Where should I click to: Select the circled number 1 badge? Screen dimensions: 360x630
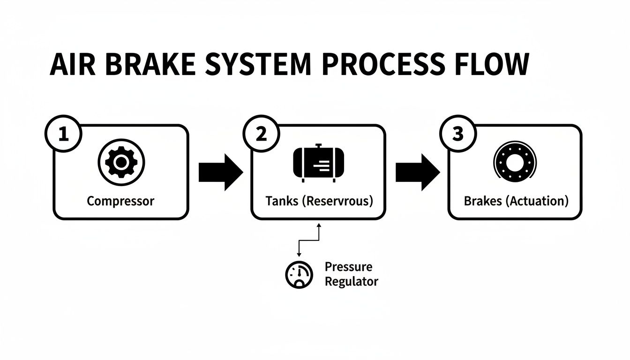[63, 135]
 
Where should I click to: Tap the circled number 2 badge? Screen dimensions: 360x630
[261, 135]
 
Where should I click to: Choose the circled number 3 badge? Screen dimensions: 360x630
[458, 135]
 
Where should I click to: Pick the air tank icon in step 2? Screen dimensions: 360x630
[318, 163]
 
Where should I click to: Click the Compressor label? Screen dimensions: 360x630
[120, 201]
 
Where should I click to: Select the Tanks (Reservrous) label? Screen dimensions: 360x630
[319, 201]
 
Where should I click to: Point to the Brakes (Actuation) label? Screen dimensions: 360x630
[516, 201]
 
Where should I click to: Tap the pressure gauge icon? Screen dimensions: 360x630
[299, 274]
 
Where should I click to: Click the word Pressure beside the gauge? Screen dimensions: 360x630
[348, 267]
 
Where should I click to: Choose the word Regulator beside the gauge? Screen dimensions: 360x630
[351, 282]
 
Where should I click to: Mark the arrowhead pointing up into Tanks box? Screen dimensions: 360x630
[319, 225]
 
